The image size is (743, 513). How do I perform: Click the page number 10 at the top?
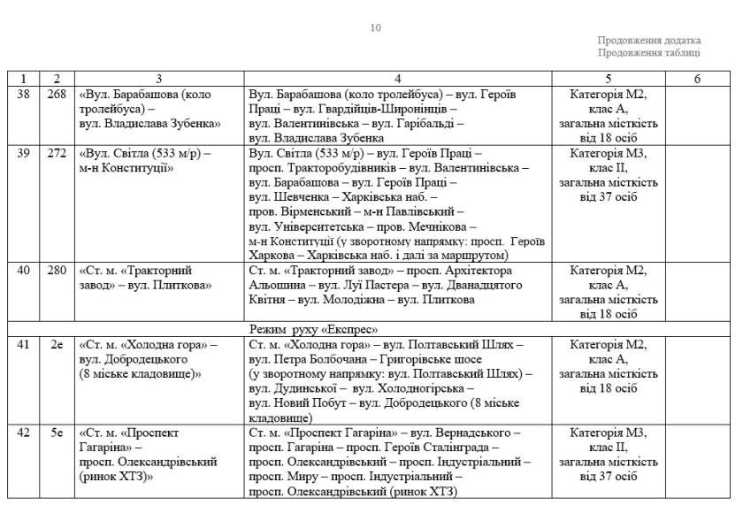coord(376,27)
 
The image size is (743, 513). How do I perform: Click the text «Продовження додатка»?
coord(648,40)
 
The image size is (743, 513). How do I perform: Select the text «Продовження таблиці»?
coord(649,52)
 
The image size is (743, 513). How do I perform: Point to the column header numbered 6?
coord(697,79)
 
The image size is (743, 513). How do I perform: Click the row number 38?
coord(24,95)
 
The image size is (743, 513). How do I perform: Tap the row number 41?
coord(24,344)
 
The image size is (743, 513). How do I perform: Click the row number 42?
coord(24,433)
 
